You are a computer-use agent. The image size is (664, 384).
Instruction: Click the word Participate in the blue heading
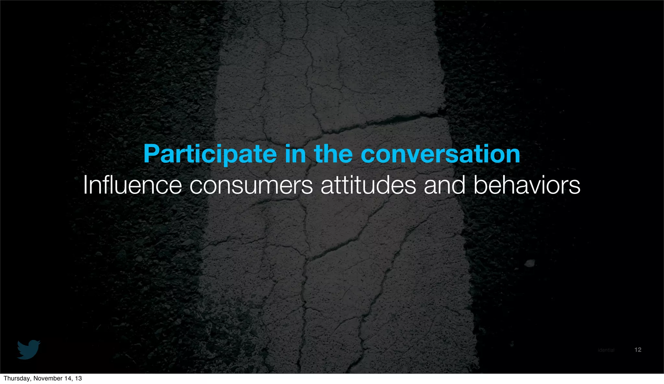pyautogui.click(x=210, y=154)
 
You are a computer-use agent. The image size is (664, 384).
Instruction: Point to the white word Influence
pyautogui.click(x=132, y=185)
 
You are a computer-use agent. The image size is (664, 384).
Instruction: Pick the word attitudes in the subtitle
pyautogui.click(x=368, y=185)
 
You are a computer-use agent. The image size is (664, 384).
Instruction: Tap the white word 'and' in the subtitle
pyautogui.click(x=445, y=185)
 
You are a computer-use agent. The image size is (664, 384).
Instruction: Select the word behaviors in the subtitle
pyautogui.click(x=527, y=185)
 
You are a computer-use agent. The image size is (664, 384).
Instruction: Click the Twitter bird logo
pyautogui.click(x=28, y=350)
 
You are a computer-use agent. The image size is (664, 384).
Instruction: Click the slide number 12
pyautogui.click(x=638, y=350)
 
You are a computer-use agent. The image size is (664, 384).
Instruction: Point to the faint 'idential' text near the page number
pyautogui.click(x=606, y=350)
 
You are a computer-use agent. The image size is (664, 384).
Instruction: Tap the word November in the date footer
pyautogui.click(x=48, y=378)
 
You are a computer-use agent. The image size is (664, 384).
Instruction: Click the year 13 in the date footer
pyautogui.click(x=78, y=378)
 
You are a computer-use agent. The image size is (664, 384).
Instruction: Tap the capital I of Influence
pyautogui.click(x=85, y=185)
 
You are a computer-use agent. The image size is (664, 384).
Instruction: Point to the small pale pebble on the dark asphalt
pyautogui.click(x=529, y=263)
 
